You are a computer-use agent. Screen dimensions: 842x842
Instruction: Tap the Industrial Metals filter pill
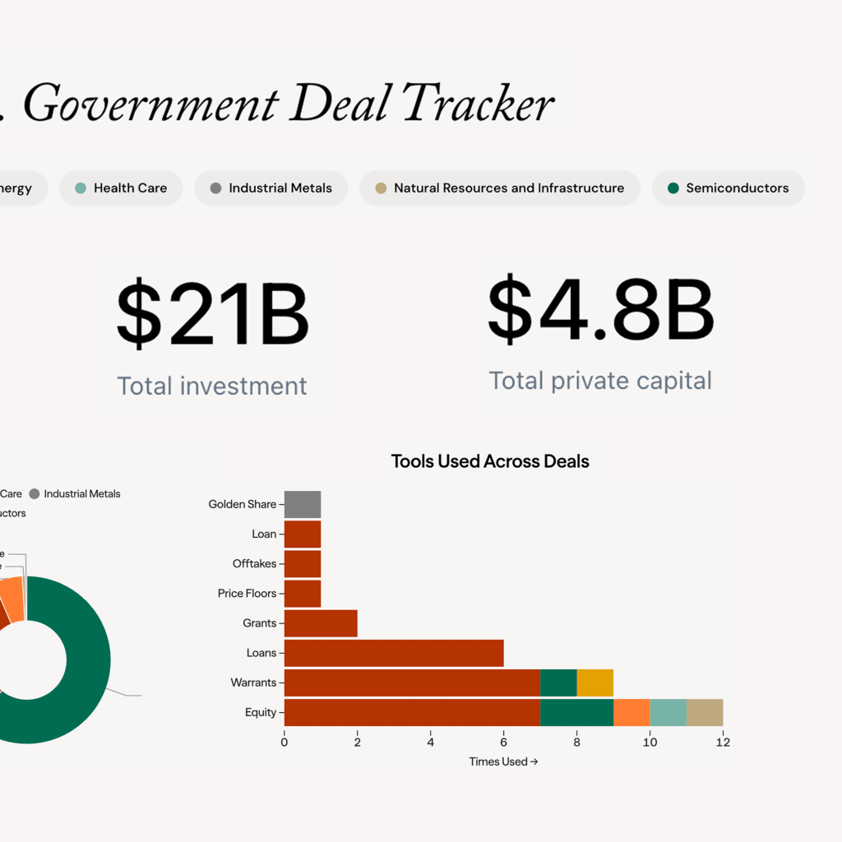pos(271,188)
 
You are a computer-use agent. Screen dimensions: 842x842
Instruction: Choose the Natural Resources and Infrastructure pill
pos(498,188)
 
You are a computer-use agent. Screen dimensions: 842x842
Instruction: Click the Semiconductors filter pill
pos(728,188)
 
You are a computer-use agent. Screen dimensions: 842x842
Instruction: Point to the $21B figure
pos(212,315)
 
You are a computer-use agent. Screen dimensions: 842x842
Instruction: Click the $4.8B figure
pos(600,311)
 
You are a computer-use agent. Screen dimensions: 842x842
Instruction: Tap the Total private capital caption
pos(600,381)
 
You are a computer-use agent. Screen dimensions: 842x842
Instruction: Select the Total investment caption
pos(212,386)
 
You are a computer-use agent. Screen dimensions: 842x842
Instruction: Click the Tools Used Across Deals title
pos(490,461)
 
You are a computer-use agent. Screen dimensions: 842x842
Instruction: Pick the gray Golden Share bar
pos(302,504)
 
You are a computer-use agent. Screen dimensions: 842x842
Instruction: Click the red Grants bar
pos(320,623)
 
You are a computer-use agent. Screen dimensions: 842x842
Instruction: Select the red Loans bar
pos(393,653)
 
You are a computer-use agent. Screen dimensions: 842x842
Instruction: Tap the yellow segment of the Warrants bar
pos(594,682)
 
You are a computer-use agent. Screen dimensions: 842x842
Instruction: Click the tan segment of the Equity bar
pos(705,712)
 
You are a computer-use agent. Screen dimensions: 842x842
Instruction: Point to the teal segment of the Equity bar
pos(668,712)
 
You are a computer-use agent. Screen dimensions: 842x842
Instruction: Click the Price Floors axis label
pos(247,594)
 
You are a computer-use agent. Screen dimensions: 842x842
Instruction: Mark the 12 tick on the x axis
pos(723,743)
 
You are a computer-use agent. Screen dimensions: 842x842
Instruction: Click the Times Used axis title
pos(503,761)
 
